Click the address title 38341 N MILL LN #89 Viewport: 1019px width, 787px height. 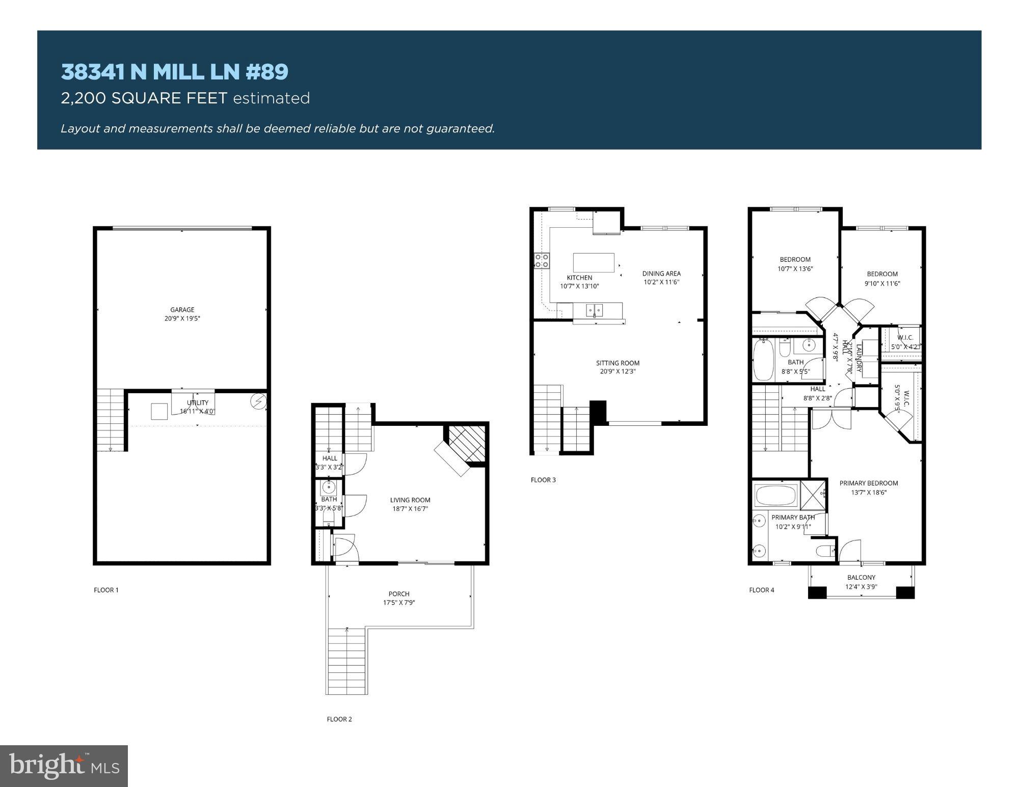pyautogui.click(x=174, y=72)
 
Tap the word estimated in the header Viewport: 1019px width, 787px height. pyautogui.click(x=271, y=98)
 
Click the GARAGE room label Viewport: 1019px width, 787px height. pyautogui.click(x=182, y=310)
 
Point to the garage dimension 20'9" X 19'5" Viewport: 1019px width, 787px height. pyautogui.click(x=182, y=319)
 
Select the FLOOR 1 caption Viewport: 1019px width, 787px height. pyautogui.click(x=106, y=590)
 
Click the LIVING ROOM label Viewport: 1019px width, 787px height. pyautogui.click(x=410, y=500)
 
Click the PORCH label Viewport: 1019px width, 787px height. pyautogui.click(x=399, y=594)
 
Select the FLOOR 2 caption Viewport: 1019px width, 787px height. pyautogui.click(x=339, y=719)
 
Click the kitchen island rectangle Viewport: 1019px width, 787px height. pyautogui.click(x=594, y=263)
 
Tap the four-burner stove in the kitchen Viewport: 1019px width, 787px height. pyautogui.click(x=541, y=261)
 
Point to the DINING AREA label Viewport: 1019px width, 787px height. pyautogui.click(x=661, y=274)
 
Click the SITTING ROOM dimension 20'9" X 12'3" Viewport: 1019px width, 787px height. pyautogui.click(x=618, y=371)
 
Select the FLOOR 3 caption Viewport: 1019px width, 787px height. pyautogui.click(x=543, y=480)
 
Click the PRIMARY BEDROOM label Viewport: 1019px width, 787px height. pyautogui.click(x=869, y=483)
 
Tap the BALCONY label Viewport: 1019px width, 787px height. pyautogui.click(x=861, y=578)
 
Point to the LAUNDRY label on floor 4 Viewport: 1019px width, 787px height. pyautogui.click(x=859, y=358)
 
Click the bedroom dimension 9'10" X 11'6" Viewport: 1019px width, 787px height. pyautogui.click(x=882, y=284)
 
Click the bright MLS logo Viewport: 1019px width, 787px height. pyautogui.click(x=64, y=766)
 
